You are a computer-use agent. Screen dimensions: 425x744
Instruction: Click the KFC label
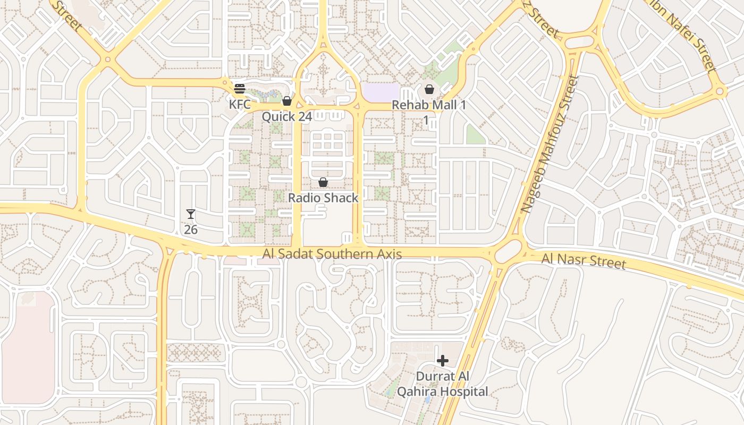[240, 104]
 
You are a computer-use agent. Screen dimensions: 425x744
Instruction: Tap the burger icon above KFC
[240, 89]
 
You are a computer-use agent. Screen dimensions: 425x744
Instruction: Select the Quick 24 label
[286, 116]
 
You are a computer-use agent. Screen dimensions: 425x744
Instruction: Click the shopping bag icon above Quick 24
[287, 101]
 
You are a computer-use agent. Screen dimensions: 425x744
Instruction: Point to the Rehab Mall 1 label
[429, 105]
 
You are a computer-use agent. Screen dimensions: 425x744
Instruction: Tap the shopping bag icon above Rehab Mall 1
[429, 89]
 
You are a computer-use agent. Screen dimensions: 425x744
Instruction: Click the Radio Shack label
[323, 198]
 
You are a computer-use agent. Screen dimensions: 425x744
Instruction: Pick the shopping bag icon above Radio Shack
[323, 183]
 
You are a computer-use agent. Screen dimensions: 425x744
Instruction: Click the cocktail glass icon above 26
[191, 214]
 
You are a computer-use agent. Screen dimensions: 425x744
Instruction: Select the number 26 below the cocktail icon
[191, 229]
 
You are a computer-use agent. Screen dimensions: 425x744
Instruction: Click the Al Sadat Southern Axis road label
[332, 254]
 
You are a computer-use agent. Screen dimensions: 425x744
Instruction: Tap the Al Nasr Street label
[584, 261]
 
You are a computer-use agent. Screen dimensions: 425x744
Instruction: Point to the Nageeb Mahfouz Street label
[549, 144]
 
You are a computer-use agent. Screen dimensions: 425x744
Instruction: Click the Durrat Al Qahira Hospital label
[452, 384]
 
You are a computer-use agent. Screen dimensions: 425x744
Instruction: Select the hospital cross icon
[442, 361]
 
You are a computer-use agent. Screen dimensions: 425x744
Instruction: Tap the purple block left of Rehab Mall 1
[380, 91]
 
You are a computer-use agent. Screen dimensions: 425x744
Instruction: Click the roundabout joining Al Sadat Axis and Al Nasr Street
[509, 252]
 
